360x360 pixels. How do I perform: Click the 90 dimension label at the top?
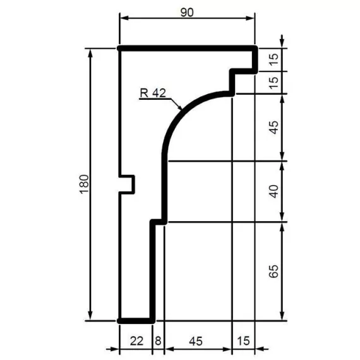187,11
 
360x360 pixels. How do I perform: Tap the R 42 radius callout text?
152,93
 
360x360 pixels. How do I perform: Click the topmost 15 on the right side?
273,59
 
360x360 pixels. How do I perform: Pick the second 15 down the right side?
273,83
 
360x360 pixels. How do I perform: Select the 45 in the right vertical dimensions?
273,128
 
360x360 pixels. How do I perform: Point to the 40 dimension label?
273,191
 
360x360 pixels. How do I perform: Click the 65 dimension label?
273,272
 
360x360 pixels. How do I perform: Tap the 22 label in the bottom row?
136,341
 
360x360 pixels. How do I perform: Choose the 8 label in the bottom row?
158,341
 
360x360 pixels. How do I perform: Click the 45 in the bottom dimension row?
196,341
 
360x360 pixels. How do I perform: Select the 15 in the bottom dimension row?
243,341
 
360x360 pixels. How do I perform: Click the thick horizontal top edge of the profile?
187,48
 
